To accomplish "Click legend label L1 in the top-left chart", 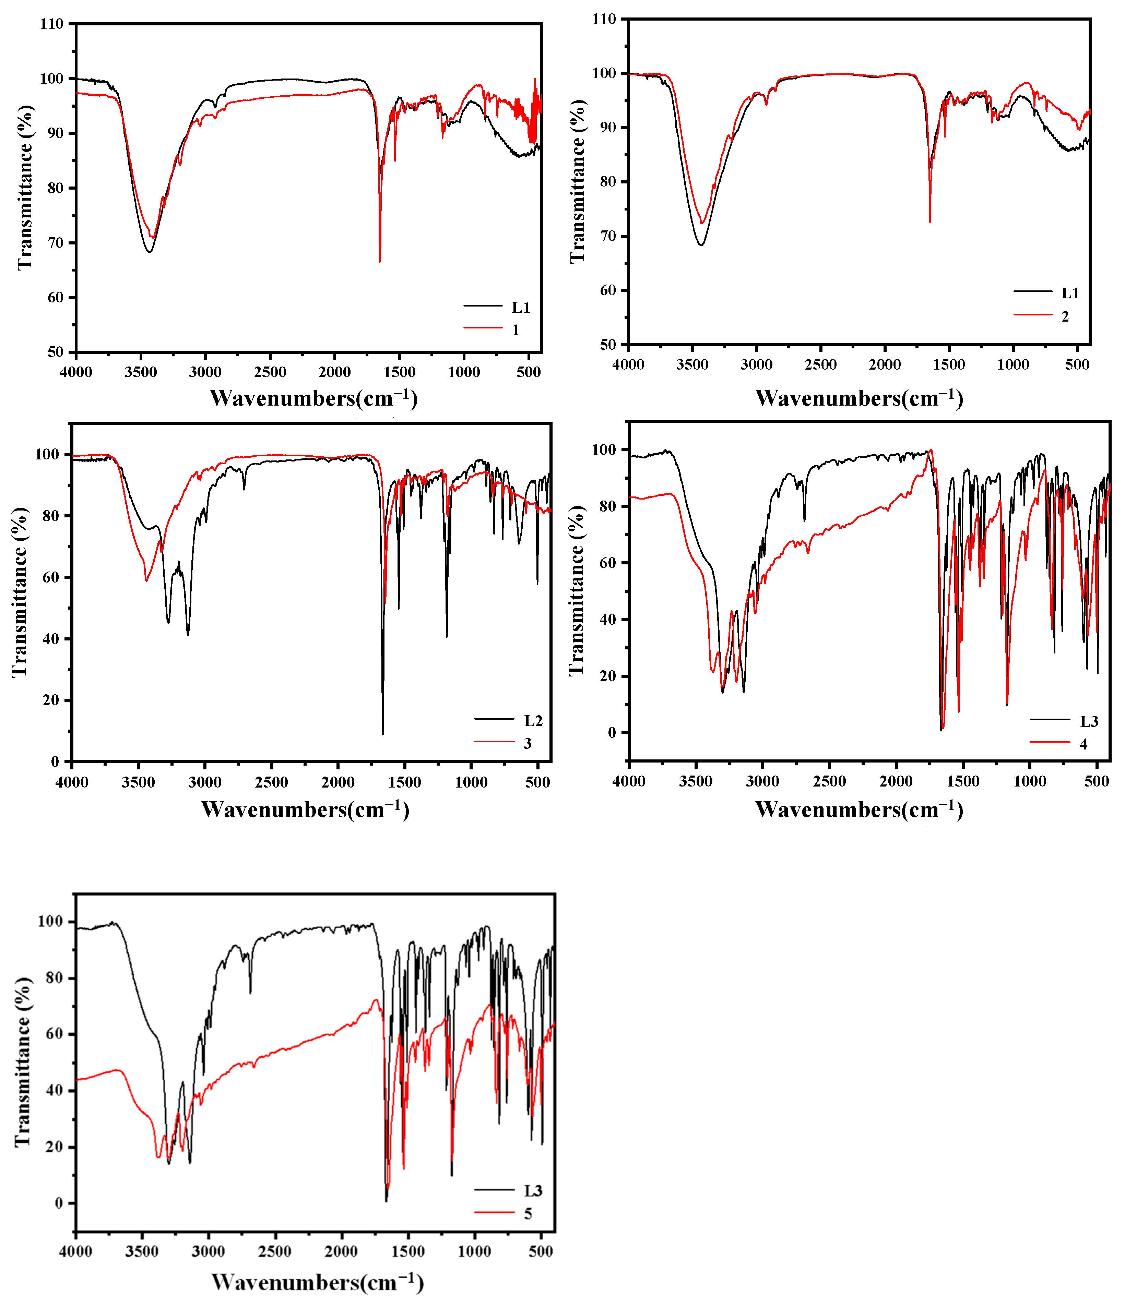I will (x=521, y=308).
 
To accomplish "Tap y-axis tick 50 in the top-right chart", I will (x=608, y=345).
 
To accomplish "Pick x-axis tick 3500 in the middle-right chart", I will (x=696, y=781).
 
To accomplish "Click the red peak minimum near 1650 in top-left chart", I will (x=380, y=261).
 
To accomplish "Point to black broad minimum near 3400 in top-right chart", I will (x=700, y=245).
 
